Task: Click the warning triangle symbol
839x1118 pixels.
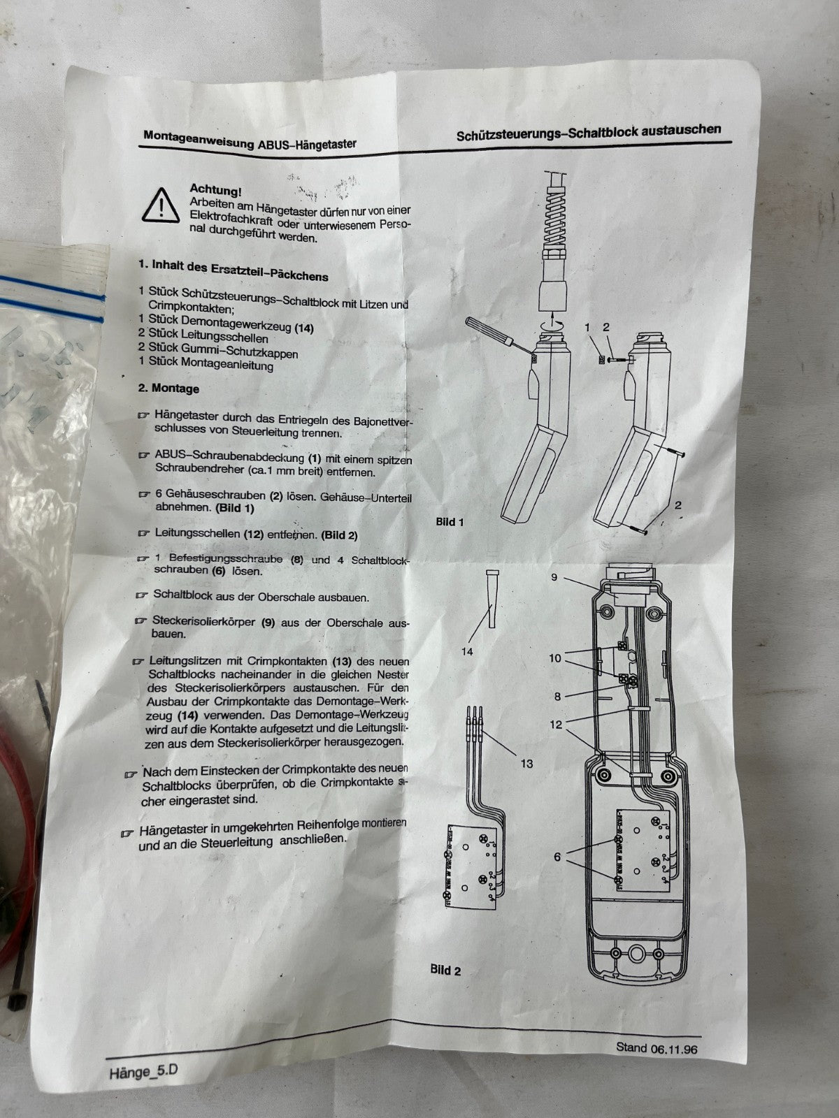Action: point(161,205)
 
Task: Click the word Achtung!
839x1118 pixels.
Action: point(215,191)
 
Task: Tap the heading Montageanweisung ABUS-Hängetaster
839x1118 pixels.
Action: point(250,140)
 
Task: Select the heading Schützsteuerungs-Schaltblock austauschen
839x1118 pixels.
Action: point(589,133)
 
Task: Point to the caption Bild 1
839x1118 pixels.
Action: point(450,522)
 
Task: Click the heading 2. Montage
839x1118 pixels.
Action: point(168,388)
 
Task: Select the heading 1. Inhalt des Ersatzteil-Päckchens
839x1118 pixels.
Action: point(234,270)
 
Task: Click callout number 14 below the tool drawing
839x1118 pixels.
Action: point(466,651)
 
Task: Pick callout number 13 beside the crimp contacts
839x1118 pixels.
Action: point(526,763)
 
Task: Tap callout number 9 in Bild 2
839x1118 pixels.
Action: point(555,576)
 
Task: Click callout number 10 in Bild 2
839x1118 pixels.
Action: point(554,658)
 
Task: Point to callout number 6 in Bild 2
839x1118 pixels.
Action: point(557,857)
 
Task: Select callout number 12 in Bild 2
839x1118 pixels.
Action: point(557,725)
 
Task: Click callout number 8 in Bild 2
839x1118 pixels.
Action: point(557,696)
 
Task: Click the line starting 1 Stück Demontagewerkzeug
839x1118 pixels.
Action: point(226,324)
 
